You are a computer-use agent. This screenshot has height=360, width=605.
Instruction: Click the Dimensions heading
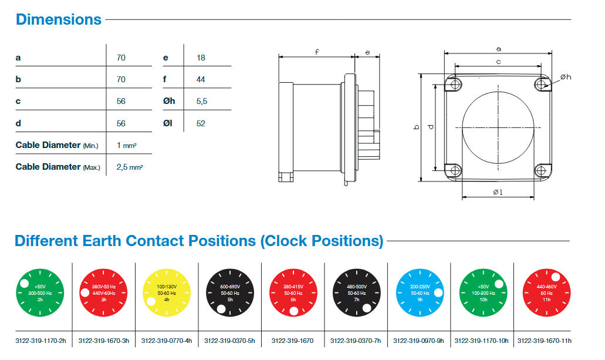[59, 19]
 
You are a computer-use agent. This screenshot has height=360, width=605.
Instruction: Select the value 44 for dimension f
[201, 79]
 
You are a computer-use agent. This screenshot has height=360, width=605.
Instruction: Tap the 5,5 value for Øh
[202, 101]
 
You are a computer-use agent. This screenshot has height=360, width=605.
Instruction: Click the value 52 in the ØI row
[201, 123]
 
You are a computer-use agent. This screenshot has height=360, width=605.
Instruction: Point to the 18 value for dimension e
[201, 58]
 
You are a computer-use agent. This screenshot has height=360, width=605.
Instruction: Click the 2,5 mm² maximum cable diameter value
[130, 167]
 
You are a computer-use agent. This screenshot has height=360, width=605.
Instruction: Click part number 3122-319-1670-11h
[545, 341]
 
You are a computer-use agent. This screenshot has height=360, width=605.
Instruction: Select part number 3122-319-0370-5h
[229, 341]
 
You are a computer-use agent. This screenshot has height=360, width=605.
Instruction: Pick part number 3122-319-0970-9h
[418, 341]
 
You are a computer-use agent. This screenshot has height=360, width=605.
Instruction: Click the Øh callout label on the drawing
[566, 77]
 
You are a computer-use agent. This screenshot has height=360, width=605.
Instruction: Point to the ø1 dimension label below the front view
[498, 192]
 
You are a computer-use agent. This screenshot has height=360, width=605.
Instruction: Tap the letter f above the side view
[317, 52]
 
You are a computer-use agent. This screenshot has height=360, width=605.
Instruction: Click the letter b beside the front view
[416, 127]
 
